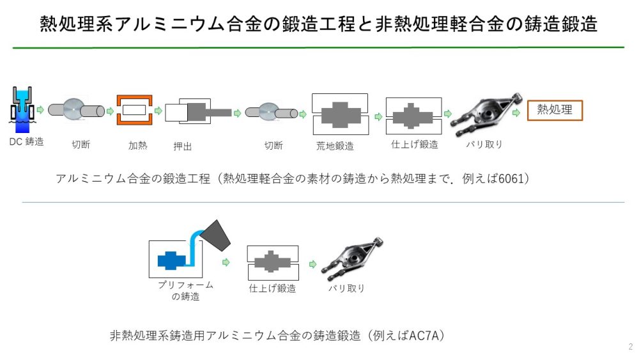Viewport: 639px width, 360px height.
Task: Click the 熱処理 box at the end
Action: click(x=555, y=110)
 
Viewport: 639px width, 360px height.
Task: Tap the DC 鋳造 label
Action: click(x=26, y=141)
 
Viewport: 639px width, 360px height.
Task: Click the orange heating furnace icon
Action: click(x=134, y=111)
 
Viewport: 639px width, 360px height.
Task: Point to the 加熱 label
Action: click(x=138, y=145)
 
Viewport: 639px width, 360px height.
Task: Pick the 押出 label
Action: click(x=183, y=146)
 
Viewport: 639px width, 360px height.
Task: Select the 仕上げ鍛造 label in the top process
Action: click(x=414, y=145)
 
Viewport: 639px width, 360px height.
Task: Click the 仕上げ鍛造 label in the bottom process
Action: click(x=272, y=288)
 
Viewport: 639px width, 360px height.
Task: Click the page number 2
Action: click(x=630, y=347)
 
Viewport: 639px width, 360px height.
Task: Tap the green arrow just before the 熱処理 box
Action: click(x=517, y=111)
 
